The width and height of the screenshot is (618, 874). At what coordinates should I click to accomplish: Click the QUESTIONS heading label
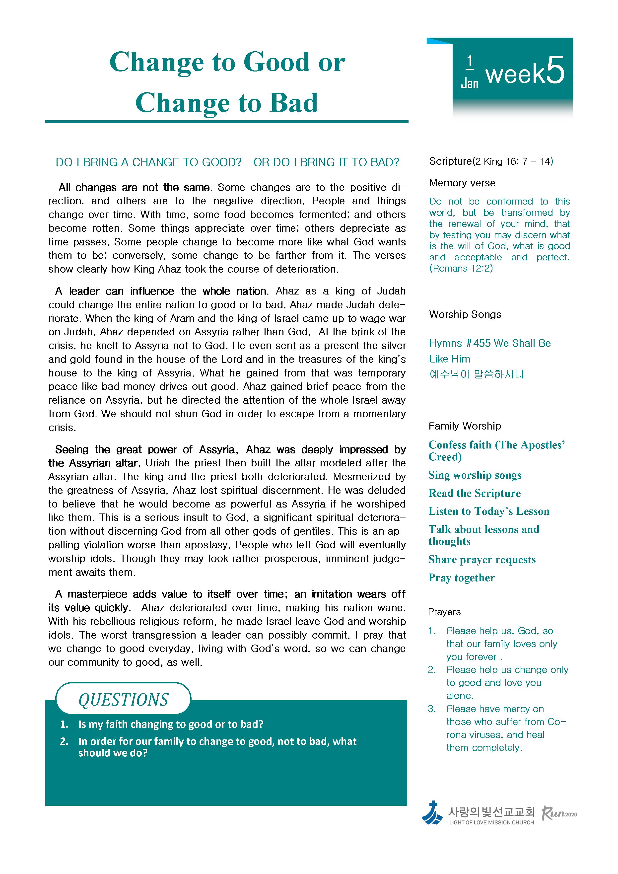pos(123,700)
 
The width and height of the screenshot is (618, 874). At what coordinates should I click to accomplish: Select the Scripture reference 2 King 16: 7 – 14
pos(513,161)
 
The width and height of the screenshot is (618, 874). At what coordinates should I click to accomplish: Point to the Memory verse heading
pos(462,183)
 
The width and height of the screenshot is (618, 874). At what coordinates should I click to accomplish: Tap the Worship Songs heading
pos(465,314)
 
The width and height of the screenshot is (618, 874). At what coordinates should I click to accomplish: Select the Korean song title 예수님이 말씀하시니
pos(477,374)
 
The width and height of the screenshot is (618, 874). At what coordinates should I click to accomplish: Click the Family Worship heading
pos(465,426)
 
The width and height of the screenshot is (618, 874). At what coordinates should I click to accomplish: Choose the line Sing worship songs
pos(475,475)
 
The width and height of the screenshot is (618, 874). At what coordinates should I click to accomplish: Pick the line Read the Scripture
pos(474,493)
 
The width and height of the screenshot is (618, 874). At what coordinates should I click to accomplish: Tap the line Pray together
pos(461,578)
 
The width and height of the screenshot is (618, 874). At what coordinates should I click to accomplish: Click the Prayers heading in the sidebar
pos(444,612)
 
